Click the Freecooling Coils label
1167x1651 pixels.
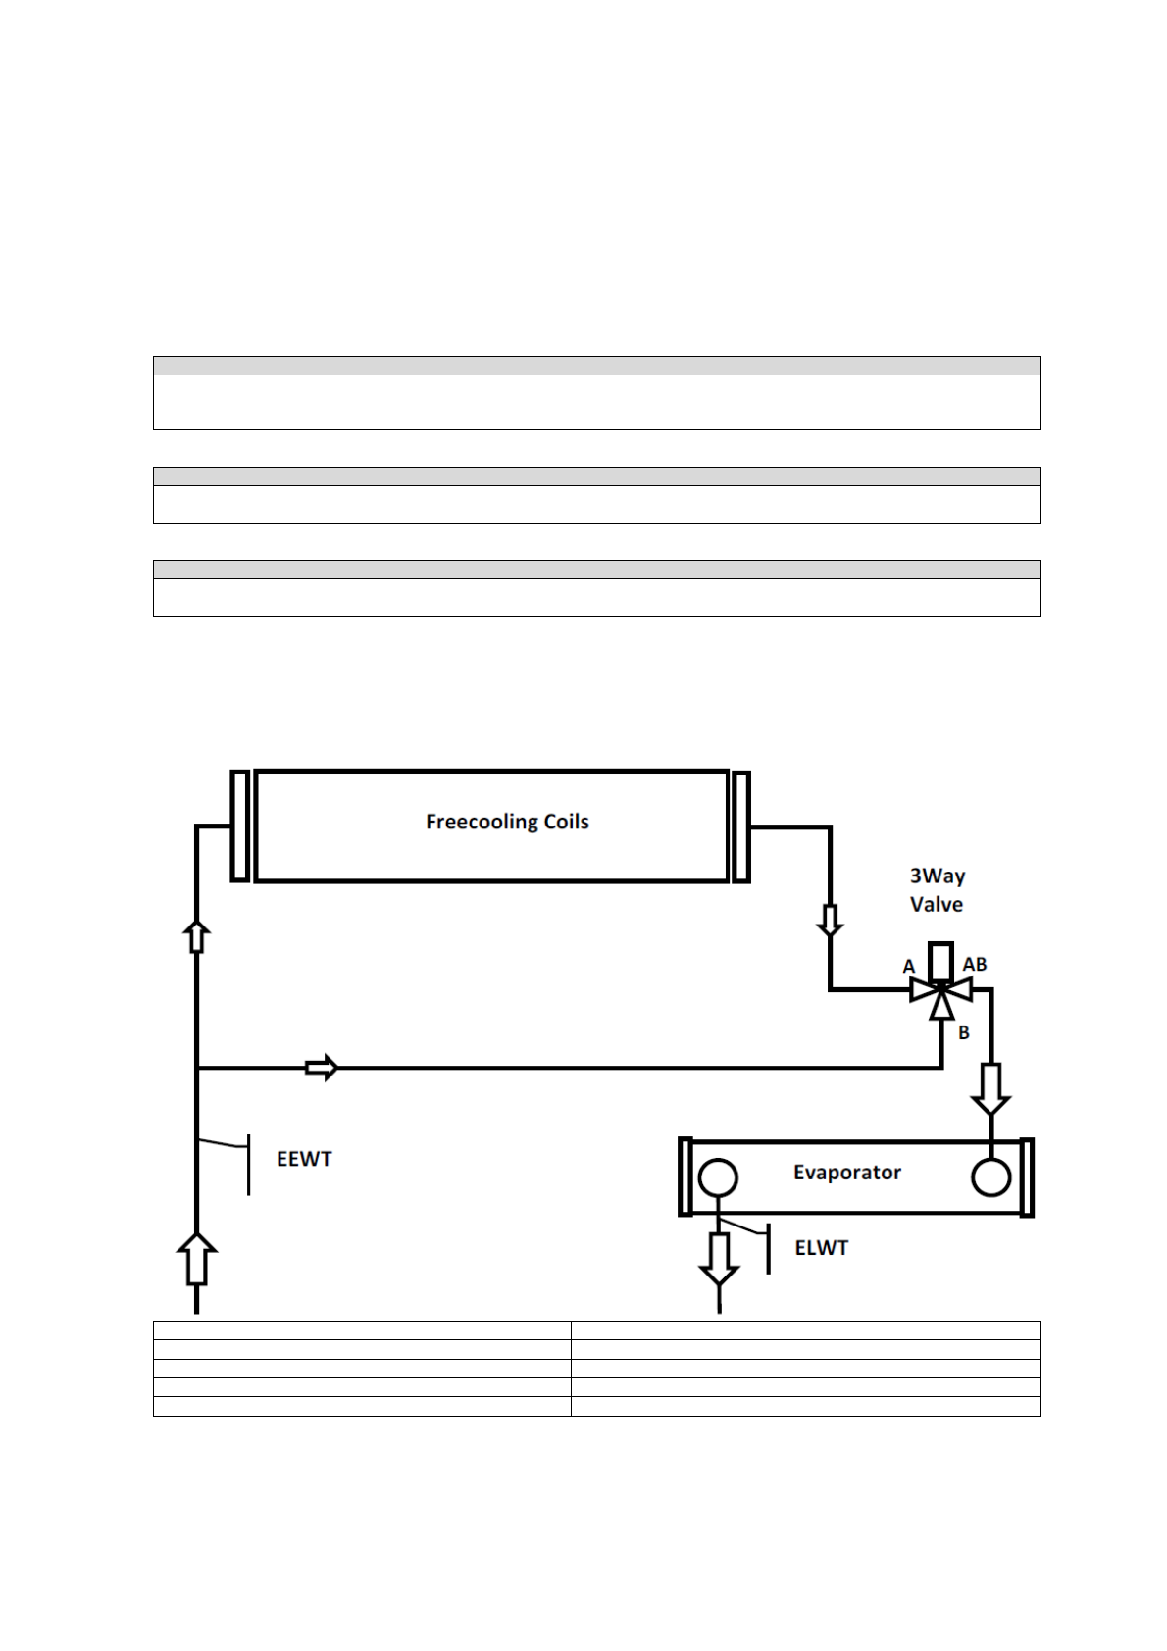507,822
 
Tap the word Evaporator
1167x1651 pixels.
846,1173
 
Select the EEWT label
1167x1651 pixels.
304,1159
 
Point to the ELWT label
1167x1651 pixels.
821,1248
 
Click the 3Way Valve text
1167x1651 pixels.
937,890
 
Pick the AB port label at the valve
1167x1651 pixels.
974,965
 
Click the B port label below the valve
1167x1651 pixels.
964,1032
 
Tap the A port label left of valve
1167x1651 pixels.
909,967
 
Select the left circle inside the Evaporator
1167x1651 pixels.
718,1177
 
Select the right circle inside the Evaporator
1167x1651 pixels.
990,1177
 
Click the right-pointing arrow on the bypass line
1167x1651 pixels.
322,1067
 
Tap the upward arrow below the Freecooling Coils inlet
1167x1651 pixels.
197,936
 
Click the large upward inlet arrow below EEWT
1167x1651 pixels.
197,1259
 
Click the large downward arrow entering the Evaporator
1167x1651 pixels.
990,1089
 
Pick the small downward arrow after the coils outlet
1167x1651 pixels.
830,921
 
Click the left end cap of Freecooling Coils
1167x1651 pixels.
239,825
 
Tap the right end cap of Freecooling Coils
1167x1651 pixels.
741,826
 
